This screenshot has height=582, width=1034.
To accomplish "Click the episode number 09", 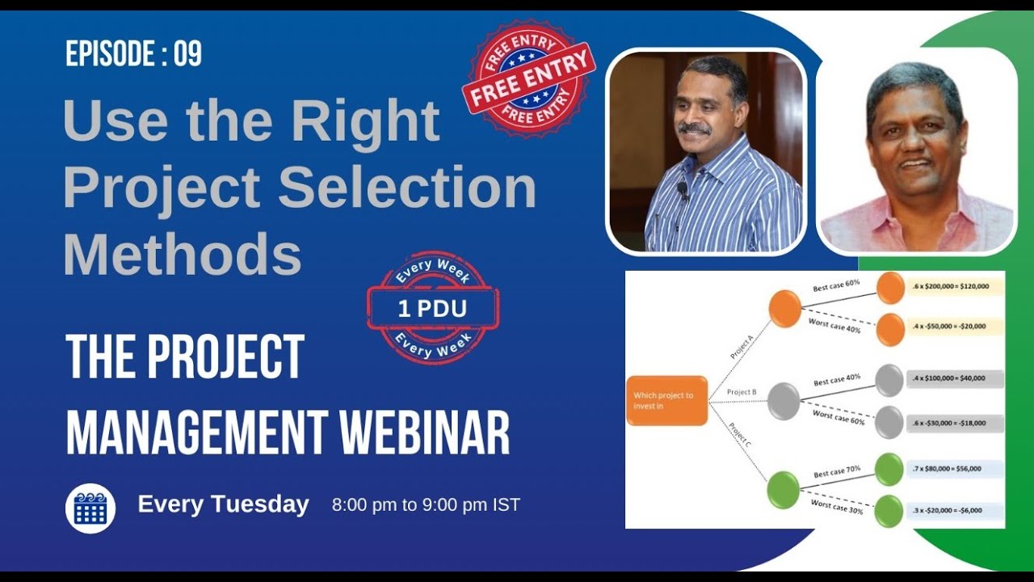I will click(187, 54).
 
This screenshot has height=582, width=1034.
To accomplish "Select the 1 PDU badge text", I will click(433, 308).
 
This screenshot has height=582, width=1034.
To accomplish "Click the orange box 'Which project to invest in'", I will click(666, 400).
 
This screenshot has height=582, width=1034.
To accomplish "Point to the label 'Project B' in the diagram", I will click(742, 392).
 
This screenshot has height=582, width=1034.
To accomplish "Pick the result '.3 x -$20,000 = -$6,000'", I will click(954, 512).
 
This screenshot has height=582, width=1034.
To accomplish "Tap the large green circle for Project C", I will click(783, 490).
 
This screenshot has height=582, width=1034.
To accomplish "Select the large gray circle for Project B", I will click(783, 401).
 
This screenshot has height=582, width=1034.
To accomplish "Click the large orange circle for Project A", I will click(784, 309).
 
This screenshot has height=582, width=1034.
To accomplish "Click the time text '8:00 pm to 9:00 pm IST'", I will click(426, 505).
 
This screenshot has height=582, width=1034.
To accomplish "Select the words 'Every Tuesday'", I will click(223, 504).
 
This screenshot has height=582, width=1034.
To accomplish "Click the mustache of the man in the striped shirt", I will click(694, 128).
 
